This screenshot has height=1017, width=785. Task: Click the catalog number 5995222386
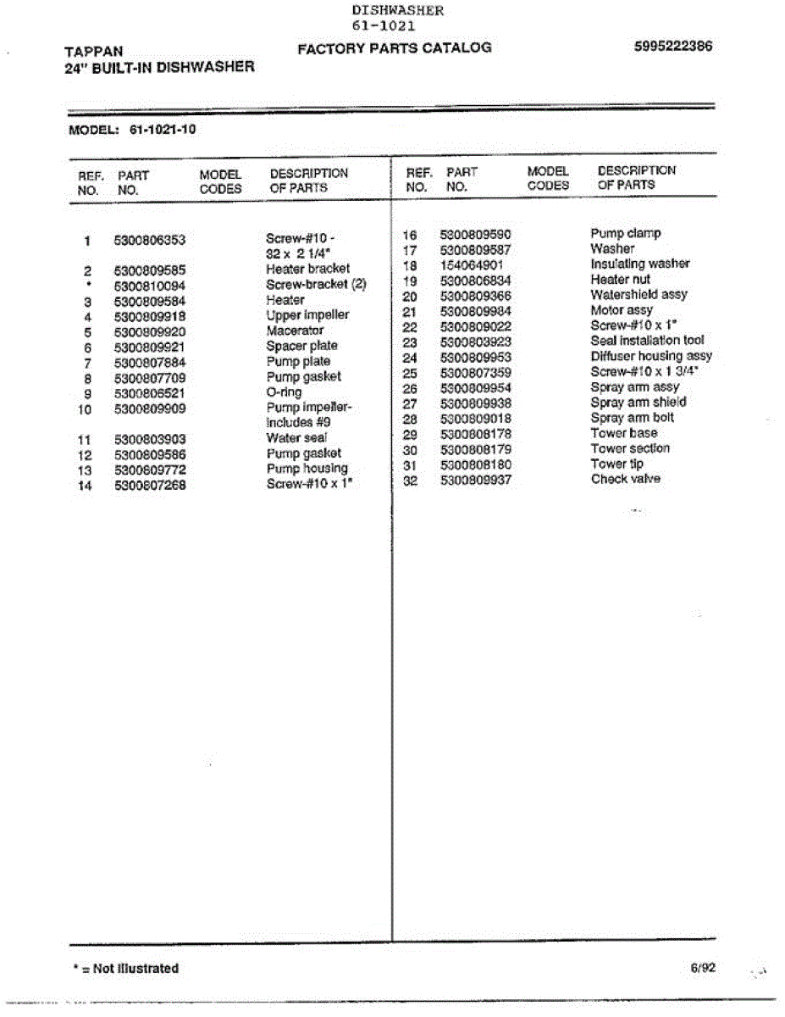click(672, 47)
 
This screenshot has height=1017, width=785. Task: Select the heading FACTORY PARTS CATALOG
click(395, 47)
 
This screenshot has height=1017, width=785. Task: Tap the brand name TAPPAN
click(93, 52)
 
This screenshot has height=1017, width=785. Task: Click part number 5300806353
click(149, 240)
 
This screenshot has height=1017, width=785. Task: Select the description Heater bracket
click(307, 269)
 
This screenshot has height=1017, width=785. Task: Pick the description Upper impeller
click(307, 314)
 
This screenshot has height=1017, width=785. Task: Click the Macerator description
click(295, 330)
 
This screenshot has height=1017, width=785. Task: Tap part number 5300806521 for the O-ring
click(149, 393)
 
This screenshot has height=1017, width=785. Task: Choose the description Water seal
click(296, 438)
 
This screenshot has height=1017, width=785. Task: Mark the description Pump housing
click(307, 469)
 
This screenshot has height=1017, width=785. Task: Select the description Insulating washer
click(639, 264)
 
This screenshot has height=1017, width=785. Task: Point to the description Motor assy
click(622, 310)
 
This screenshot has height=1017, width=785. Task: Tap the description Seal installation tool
click(647, 341)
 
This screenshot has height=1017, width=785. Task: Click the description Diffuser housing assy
click(651, 356)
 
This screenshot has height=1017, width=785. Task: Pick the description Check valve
click(625, 479)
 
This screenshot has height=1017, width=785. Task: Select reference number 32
click(410, 480)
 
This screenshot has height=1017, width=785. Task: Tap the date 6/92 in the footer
click(703, 967)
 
